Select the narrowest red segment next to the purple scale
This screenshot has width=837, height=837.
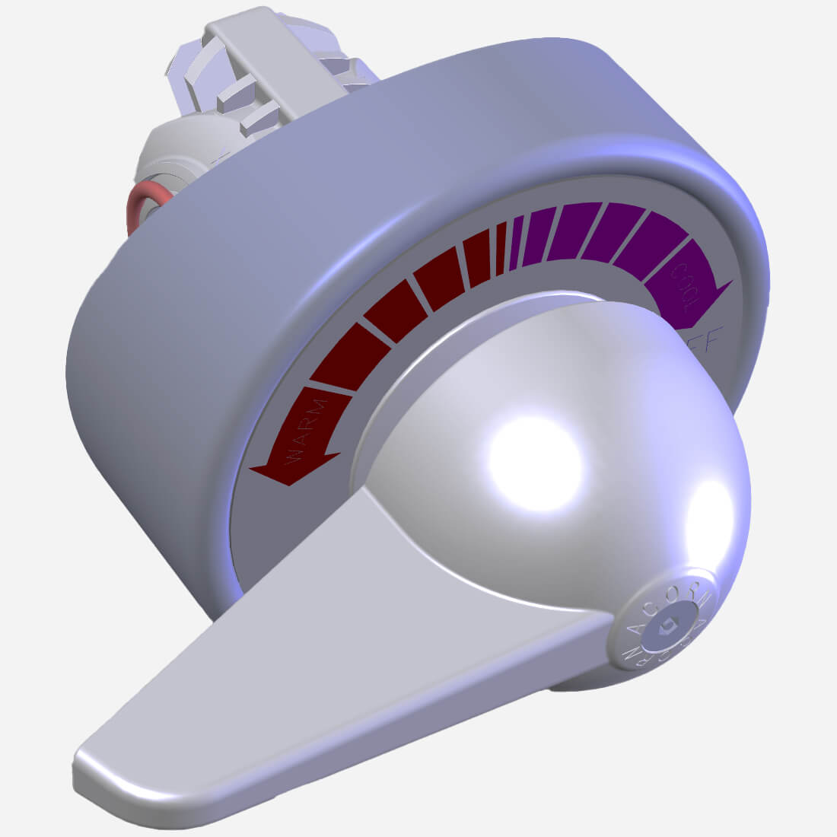click(x=500, y=250)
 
